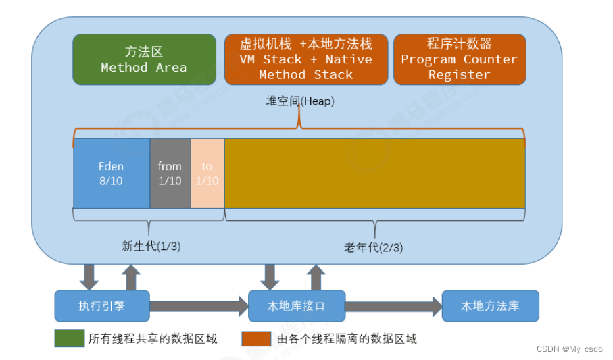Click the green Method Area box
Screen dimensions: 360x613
[x=143, y=59]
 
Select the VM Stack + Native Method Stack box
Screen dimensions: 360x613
[x=305, y=59]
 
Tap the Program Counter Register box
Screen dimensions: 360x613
[x=459, y=59]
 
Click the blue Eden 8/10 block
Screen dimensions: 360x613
[x=112, y=173]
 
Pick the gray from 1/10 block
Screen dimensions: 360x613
[x=170, y=173]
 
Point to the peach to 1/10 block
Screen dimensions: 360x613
[x=207, y=173]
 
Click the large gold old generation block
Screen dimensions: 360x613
[x=374, y=173]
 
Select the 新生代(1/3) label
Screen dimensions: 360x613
[x=151, y=247]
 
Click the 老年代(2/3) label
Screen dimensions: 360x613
[x=374, y=247]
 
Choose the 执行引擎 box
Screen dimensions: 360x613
[x=101, y=306]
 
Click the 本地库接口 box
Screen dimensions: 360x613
[x=297, y=306]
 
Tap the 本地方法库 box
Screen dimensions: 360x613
[x=490, y=306]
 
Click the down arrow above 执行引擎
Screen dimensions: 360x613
[x=89, y=276]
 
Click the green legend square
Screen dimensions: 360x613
[x=65, y=338]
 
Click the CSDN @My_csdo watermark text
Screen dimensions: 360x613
[x=569, y=349]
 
